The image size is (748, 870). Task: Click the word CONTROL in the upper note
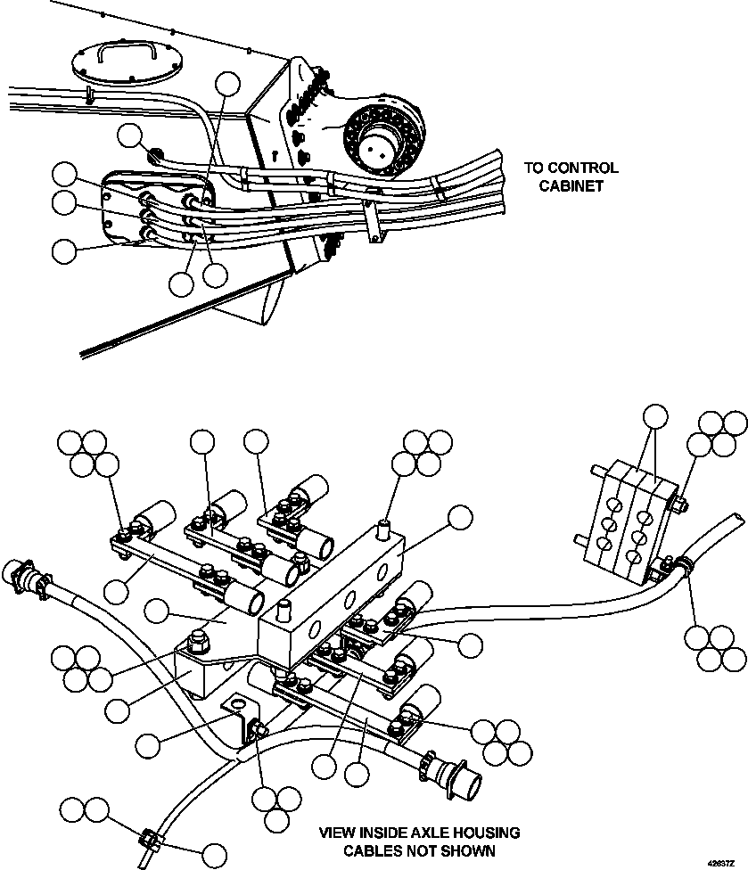pos(584,168)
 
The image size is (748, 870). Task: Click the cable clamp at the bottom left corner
pos(149,841)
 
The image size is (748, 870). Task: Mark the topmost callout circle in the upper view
pos(229,84)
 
